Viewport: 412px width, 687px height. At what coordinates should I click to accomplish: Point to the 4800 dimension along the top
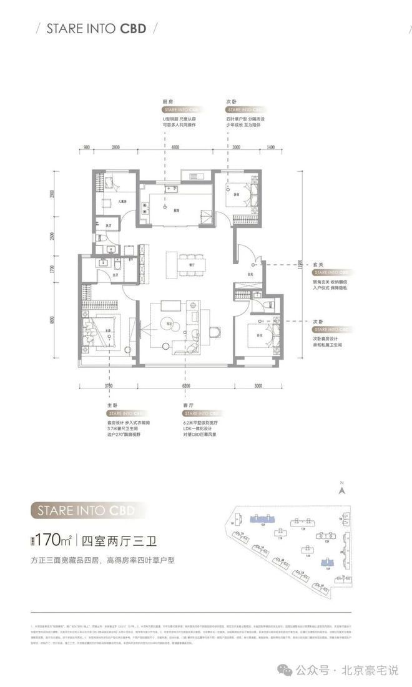click(x=175, y=147)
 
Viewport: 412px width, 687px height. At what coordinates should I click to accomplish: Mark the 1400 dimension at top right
click(x=270, y=147)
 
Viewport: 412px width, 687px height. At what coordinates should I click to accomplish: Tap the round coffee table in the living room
click(x=169, y=324)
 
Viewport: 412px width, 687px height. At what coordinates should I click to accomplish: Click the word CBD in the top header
click(x=134, y=28)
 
